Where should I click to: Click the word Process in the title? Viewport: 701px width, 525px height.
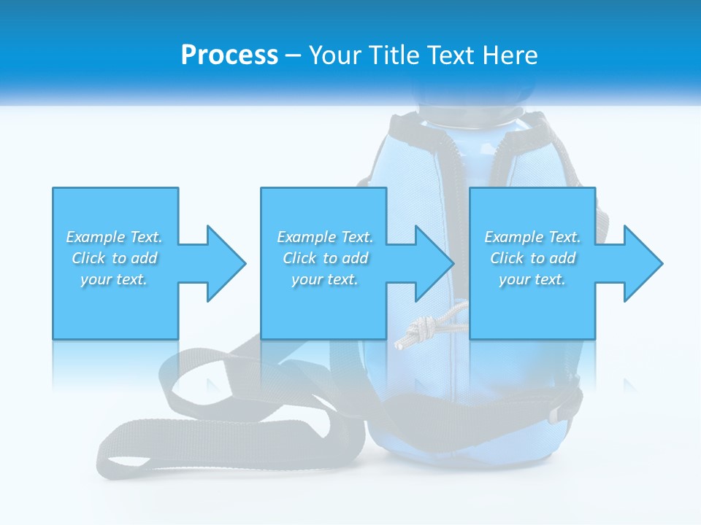coord(229,55)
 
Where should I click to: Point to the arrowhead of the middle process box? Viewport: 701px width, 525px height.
coord(433,263)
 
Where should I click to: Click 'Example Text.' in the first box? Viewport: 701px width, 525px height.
coord(114,237)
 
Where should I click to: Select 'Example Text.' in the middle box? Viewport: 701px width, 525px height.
coord(325,237)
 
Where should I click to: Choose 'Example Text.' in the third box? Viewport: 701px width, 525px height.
coord(532,237)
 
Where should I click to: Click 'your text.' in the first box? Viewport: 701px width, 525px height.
coord(114,279)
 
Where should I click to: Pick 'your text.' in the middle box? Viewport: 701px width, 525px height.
coord(325,279)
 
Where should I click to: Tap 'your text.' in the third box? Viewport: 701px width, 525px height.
coord(532,279)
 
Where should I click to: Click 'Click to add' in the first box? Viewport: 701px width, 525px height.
coord(114,258)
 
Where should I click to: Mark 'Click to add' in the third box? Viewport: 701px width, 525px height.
coord(532,258)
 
